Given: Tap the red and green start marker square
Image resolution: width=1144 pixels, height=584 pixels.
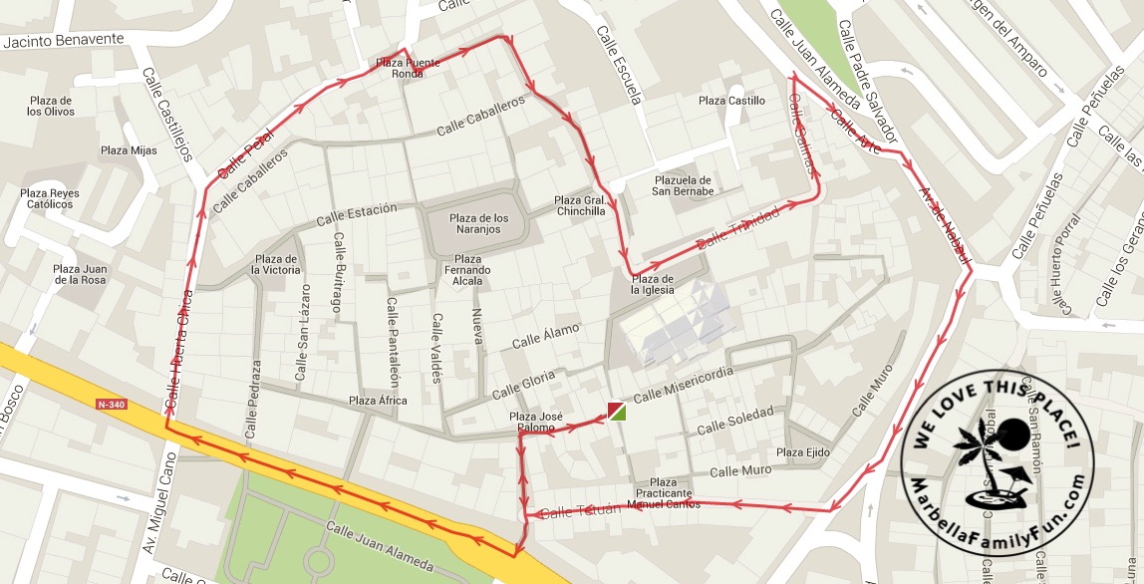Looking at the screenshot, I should tap(617, 411).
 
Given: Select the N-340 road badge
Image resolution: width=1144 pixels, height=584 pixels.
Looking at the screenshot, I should tap(113, 405).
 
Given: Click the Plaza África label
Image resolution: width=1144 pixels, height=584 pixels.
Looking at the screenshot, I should tap(378, 401).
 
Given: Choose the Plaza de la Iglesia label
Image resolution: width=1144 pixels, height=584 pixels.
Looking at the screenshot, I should tap(652, 285).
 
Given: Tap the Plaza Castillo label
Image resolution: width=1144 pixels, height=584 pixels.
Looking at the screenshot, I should tap(731, 101).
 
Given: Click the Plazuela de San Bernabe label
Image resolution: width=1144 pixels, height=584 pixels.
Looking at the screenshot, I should tap(683, 185).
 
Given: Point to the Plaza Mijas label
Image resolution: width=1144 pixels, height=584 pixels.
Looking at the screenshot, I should tap(129, 150).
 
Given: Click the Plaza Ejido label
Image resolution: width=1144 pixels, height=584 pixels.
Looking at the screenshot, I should tap(802, 453).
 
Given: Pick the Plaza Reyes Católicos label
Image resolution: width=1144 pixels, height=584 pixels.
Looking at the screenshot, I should tap(50, 198).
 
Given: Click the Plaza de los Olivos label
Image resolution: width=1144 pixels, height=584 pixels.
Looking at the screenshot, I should tap(51, 106).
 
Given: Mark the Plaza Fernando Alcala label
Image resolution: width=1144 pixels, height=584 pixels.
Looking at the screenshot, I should tap(467, 270).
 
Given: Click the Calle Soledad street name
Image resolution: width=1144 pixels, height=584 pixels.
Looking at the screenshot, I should tap(734, 423).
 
